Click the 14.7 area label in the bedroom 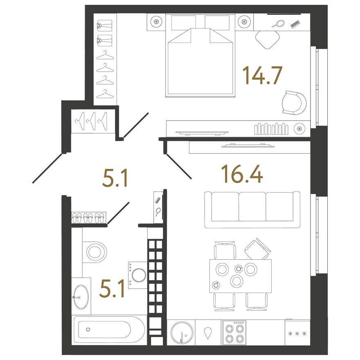point(262,76)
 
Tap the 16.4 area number point(241,174)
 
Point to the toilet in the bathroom point(95,250)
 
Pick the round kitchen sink point(181,332)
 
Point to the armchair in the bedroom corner point(294,103)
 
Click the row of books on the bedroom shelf point(272,128)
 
